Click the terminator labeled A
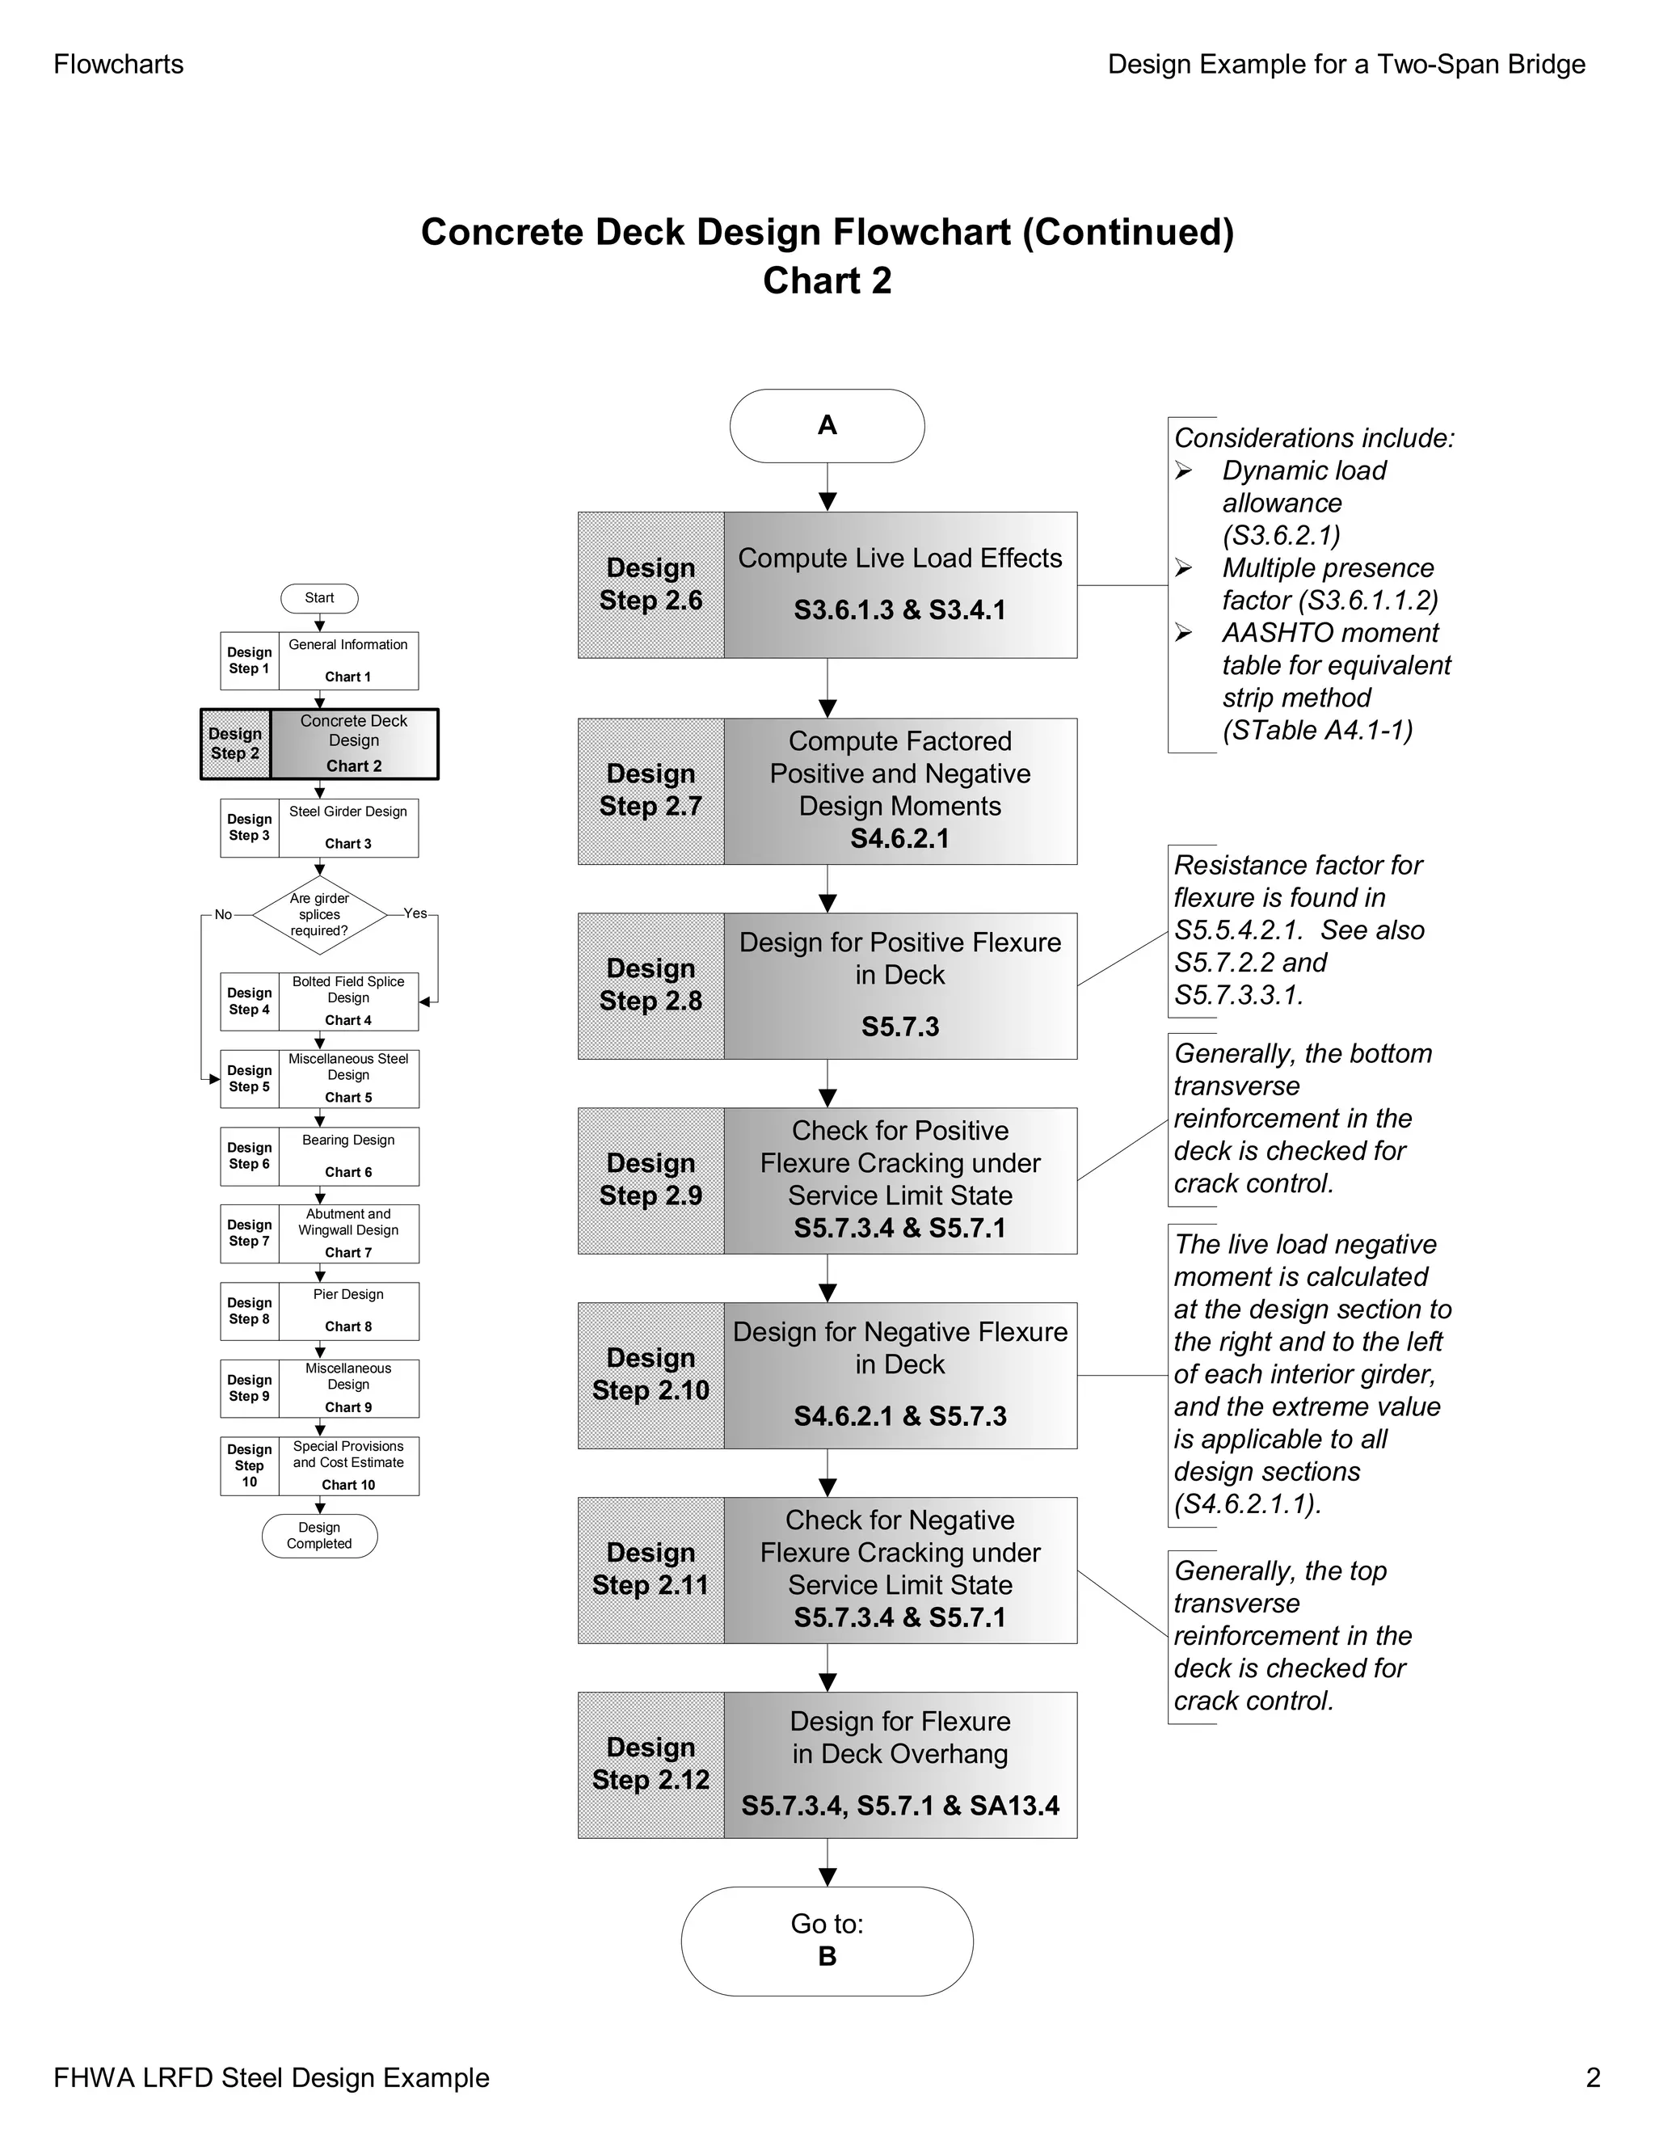click(827, 426)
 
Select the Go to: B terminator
click(827, 1940)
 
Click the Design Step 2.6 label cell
click(650, 584)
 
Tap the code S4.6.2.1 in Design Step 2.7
click(899, 838)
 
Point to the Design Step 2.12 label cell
click(650, 1765)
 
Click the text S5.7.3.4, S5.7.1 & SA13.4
click(899, 1806)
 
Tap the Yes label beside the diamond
click(415, 914)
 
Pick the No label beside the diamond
click(224, 915)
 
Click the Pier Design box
click(348, 1311)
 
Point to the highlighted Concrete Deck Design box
click(353, 744)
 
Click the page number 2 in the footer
click(1592, 2077)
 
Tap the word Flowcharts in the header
click(119, 65)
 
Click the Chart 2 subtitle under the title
click(827, 281)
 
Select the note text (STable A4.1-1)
click(1316, 731)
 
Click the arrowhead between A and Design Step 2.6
click(827, 501)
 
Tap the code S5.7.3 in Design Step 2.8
click(899, 1027)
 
